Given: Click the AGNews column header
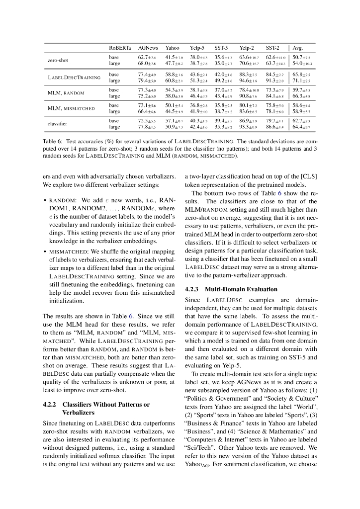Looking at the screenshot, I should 148,48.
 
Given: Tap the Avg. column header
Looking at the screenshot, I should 298,48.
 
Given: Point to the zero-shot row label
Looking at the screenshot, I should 58,61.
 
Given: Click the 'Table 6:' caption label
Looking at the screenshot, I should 52,141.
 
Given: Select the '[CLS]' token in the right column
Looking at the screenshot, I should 308,176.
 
